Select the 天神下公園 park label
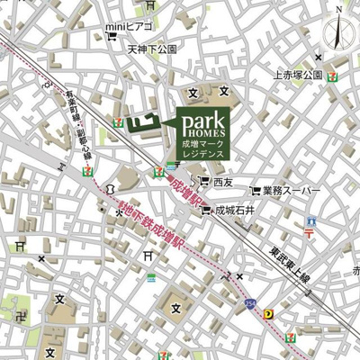pyautogui.click(x=154, y=49)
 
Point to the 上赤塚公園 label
pyautogui.click(x=296, y=75)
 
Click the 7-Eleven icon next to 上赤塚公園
pyautogui.click(x=333, y=75)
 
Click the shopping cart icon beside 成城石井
pyautogui.click(x=206, y=211)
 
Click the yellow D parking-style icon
pyautogui.click(x=269, y=314)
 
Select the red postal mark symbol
pyautogui.click(x=308, y=232)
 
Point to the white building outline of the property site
pyautogui.click(x=141, y=121)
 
